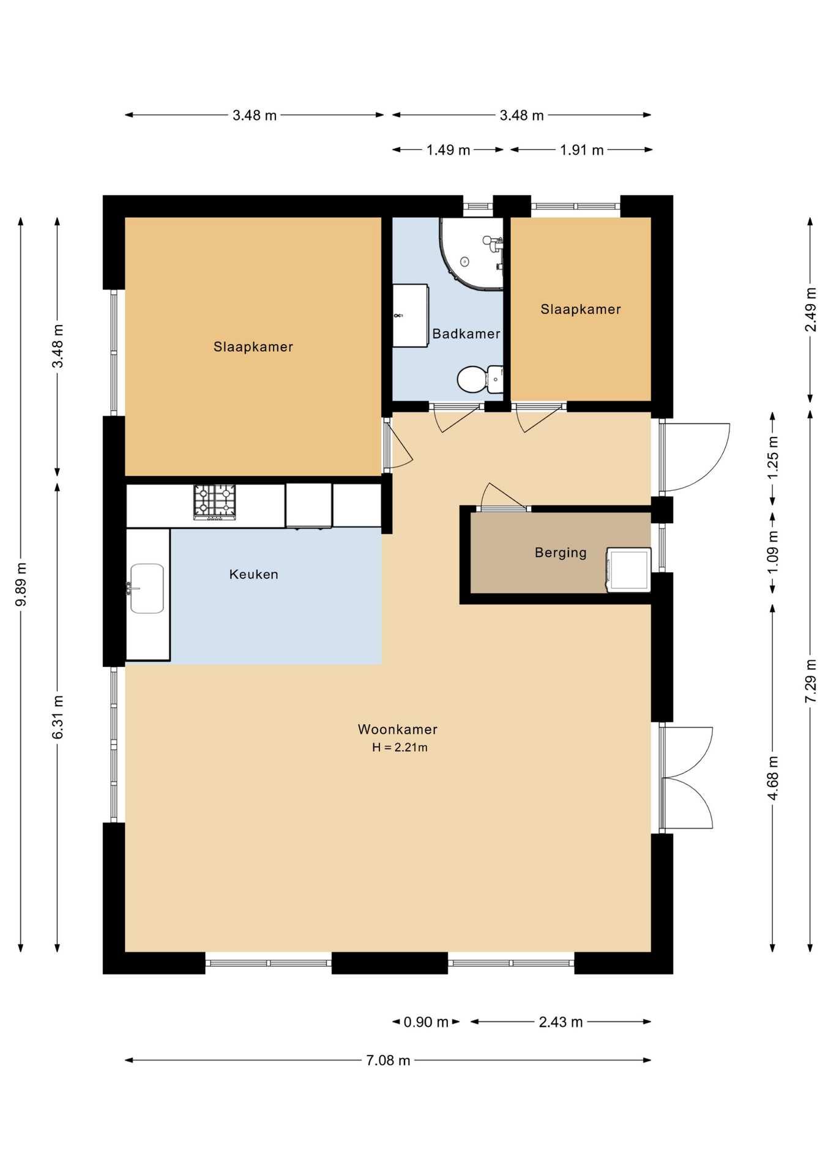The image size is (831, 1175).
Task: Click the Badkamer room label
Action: tap(466, 334)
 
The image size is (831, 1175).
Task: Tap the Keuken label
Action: tap(254, 574)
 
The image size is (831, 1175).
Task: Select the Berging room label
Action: tap(561, 553)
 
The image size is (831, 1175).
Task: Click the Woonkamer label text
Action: tap(398, 729)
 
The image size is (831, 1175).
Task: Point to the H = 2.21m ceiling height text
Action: tap(400, 747)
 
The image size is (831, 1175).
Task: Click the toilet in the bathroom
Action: tap(480, 379)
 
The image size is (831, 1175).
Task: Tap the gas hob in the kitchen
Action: tap(215, 502)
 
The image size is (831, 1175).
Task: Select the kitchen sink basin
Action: tap(147, 589)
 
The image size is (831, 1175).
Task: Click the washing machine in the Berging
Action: tap(628, 570)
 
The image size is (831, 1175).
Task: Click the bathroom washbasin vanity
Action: tap(410, 315)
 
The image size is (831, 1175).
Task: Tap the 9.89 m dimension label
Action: tap(21, 584)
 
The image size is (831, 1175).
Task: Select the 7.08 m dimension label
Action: tap(388, 1060)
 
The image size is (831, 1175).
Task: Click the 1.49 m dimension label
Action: tap(448, 150)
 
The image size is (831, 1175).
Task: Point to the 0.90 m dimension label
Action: tap(426, 1021)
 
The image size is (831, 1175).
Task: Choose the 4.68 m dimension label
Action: tap(773, 778)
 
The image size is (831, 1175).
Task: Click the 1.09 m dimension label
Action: tap(773, 552)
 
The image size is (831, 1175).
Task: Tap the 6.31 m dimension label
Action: tap(58, 717)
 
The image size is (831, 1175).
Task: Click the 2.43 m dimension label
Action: tap(561, 1021)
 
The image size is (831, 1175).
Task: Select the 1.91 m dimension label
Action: tap(581, 150)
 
